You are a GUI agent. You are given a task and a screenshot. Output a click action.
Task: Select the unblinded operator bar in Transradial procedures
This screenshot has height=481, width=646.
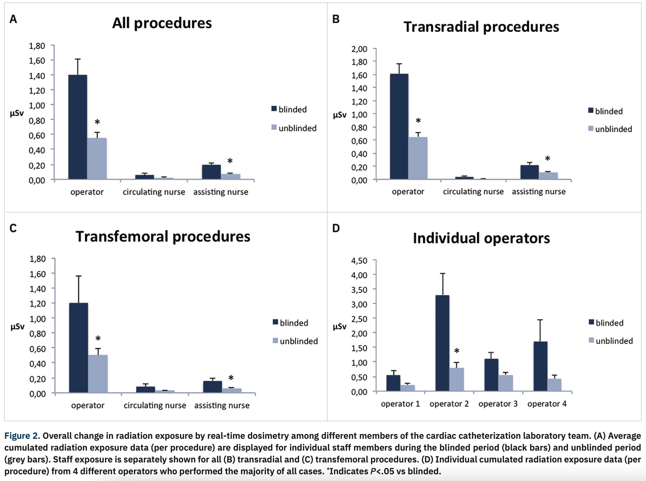418,158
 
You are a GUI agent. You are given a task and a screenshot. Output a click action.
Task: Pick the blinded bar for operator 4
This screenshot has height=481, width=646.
540,366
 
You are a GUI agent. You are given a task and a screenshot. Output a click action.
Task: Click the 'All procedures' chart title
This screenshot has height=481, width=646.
162,23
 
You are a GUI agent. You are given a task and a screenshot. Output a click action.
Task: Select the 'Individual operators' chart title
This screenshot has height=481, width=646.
481,238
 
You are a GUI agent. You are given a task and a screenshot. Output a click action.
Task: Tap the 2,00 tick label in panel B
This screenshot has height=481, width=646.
359,49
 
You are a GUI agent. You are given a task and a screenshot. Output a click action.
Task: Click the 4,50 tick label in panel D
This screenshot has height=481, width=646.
359,261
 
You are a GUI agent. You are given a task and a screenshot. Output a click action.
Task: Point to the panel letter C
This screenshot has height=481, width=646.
13,228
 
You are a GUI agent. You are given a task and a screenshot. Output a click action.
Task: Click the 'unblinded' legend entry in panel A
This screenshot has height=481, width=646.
297,128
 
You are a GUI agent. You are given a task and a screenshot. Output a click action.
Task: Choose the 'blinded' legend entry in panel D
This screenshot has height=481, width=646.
609,323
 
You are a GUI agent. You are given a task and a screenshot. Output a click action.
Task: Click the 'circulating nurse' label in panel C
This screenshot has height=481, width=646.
155,406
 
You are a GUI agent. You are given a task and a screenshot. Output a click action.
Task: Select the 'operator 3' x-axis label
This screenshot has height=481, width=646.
498,404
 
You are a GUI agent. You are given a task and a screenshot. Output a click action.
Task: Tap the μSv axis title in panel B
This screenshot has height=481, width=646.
339,115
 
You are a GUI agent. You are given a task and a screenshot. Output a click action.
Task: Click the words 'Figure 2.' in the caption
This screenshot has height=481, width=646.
22,436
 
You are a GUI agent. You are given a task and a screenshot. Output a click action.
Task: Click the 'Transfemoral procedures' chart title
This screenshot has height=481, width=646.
163,237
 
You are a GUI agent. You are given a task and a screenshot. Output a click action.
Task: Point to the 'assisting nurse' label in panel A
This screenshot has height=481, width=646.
221,192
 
